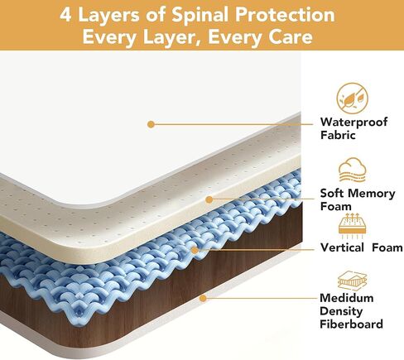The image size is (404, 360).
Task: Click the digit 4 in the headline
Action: (x=65, y=15)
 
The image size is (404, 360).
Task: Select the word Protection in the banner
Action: (x=285, y=14)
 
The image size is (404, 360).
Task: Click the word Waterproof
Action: (x=353, y=122)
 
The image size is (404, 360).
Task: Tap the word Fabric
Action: (x=338, y=135)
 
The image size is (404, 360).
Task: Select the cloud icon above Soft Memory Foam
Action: (x=353, y=170)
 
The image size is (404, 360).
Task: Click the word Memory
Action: (x=373, y=194)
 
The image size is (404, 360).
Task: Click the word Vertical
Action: (x=342, y=247)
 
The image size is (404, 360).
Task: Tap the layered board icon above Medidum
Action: (x=353, y=281)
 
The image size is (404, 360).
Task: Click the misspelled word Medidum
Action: (x=347, y=298)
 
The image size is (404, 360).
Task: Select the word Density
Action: (x=341, y=311)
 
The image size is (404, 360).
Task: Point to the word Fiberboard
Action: (x=351, y=324)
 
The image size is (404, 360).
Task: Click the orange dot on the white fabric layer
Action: (x=151, y=124)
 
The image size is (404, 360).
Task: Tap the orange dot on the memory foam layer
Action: (x=209, y=199)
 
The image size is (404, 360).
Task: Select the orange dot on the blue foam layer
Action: (x=195, y=250)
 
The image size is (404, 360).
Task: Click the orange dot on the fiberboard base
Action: (x=203, y=298)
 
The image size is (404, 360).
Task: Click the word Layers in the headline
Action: (x=109, y=16)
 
